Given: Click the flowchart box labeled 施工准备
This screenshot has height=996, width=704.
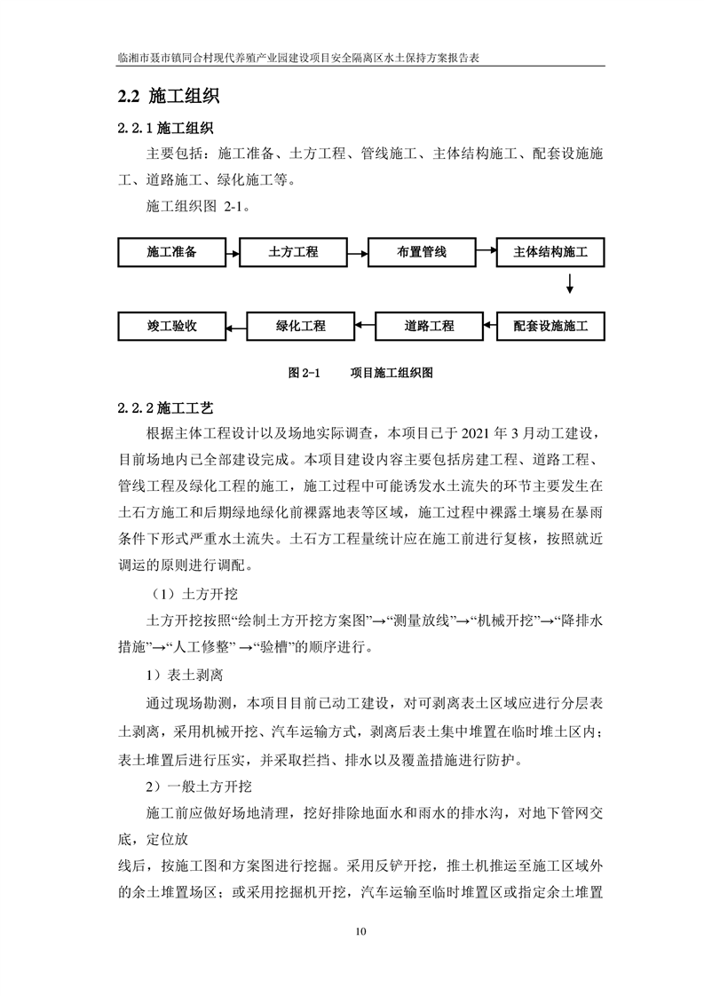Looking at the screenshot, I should (171, 253).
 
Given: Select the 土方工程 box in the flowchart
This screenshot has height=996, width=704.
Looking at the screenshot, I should (293, 253).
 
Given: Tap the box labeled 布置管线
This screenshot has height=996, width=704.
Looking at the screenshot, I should (421, 253).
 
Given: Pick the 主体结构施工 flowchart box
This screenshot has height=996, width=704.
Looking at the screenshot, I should (550, 253).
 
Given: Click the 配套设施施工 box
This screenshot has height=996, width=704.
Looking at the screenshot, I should (550, 326).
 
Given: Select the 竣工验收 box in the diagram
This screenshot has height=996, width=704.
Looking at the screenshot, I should (171, 326).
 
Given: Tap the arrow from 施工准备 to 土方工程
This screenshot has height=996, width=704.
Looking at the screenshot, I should (233, 253).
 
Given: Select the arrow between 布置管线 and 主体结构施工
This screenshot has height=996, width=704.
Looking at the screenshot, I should (486, 253).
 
